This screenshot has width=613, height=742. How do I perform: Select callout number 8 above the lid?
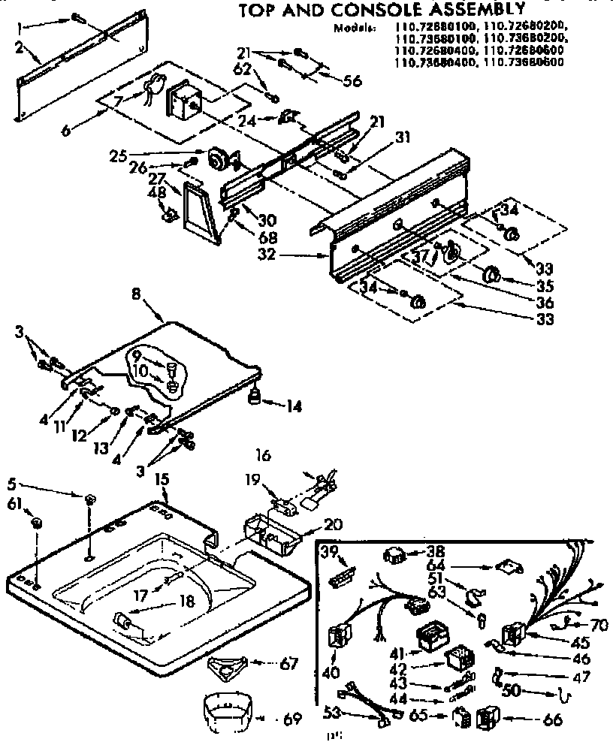click(x=136, y=296)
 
